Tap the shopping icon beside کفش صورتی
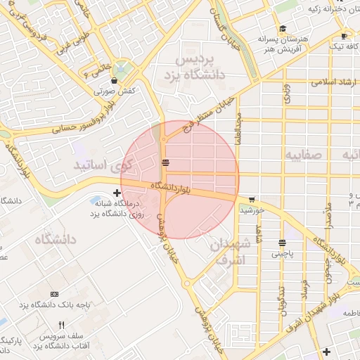(115, 81)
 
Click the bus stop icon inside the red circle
(165, 163)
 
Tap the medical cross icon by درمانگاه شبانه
(116, 192)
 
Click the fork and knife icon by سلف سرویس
(61, 325)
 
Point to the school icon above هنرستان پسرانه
(282, 30)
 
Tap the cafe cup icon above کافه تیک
(343, 36)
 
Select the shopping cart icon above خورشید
(252, 199)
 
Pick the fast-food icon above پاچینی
(282, 243)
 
